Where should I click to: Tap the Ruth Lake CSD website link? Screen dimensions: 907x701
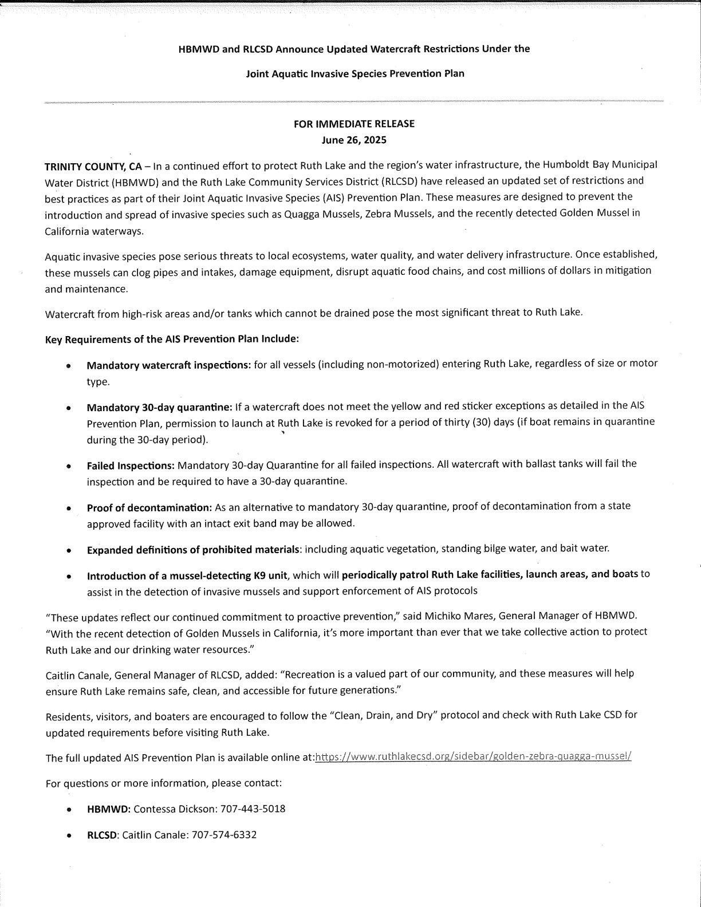click(473, 757)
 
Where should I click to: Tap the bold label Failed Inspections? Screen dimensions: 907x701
click(131, 464)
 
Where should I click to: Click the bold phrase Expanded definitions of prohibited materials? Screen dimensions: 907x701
click(194, 550)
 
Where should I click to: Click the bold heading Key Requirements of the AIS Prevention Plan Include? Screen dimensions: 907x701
click(172, 339)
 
